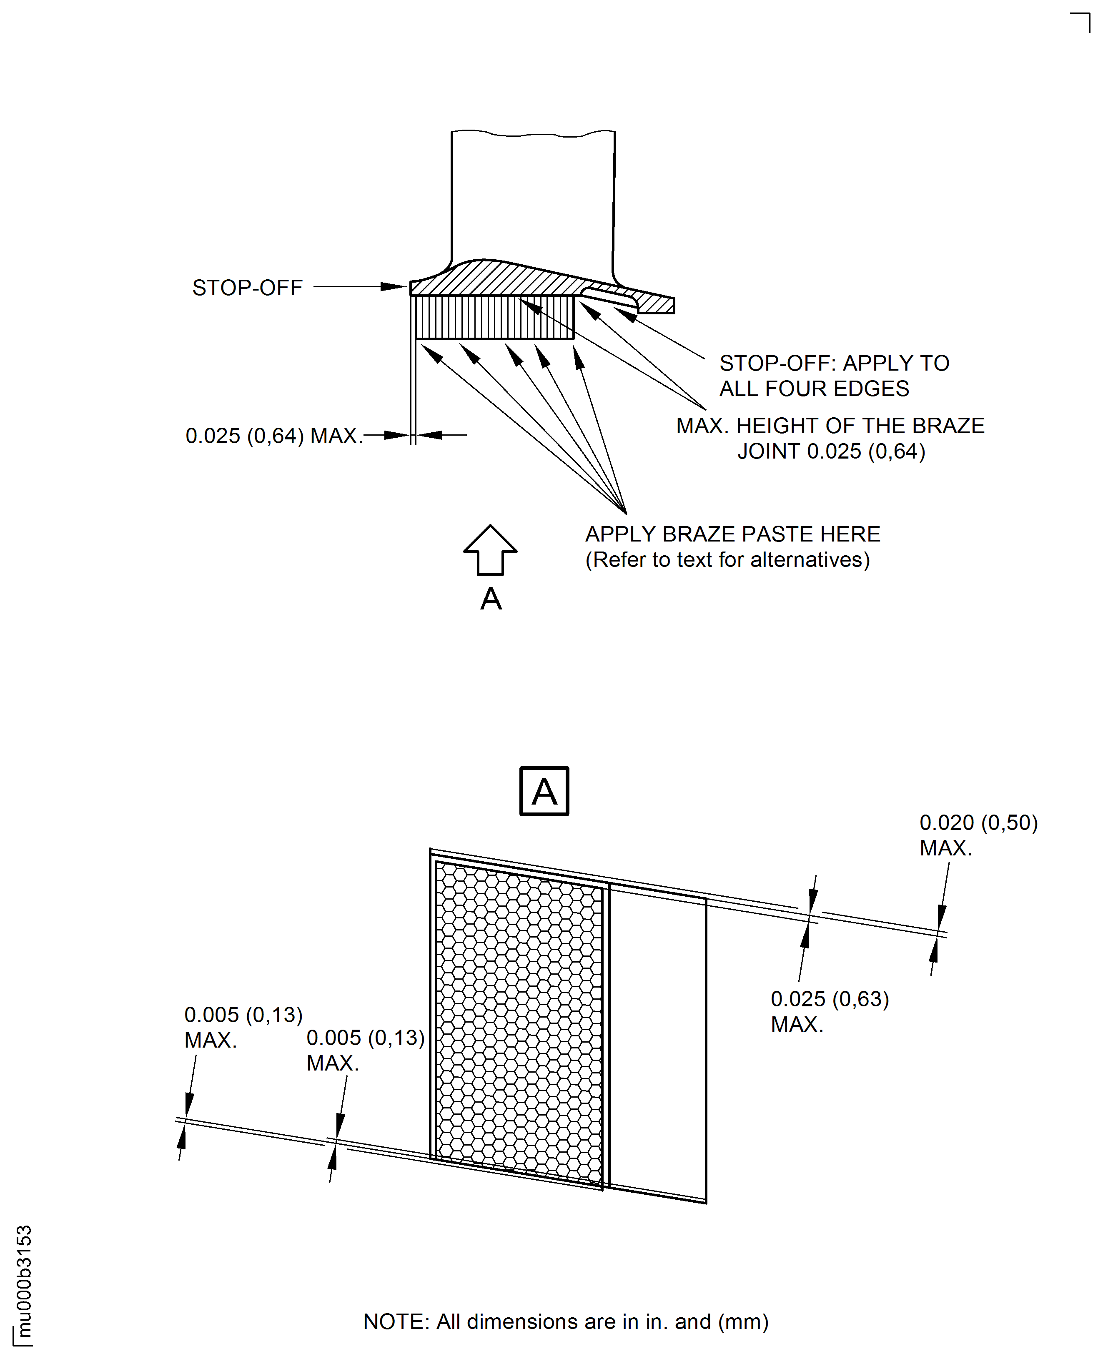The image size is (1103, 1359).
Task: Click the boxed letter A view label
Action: pyautogui.click(x=544, y=791)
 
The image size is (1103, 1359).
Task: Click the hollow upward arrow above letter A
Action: pyautogui.click(x=490, y=550)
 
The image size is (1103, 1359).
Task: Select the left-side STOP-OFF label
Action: pyautogui.click(x=247, y=288)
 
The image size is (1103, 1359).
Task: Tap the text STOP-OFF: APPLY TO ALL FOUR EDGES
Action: pyautogui.click(x=834, y=376)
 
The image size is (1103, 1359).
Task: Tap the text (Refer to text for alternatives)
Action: pyautogui.click(x=727, y=560)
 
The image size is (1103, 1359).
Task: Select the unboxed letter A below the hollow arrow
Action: pyautogui.click(x=491, y=599)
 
